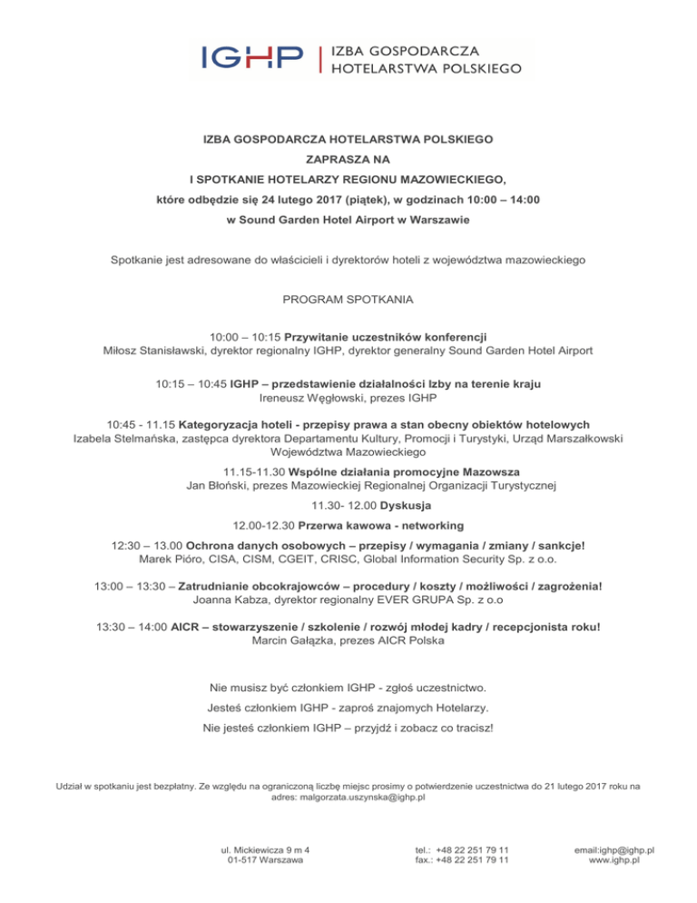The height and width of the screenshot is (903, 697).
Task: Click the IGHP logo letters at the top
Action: click(x=252, y=58)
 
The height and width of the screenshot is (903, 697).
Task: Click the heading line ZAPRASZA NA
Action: click(x=348, y=159)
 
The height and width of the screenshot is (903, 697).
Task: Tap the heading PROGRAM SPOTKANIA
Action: click(x=348, y=299)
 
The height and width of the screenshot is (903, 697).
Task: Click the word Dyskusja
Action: click(x=407, y=505)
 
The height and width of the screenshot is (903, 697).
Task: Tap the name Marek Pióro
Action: click(x=172, y=561)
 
